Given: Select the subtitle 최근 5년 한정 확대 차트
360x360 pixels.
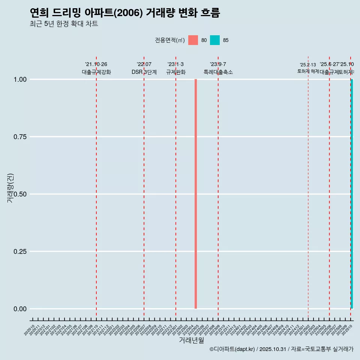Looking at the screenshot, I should (x=64, y=24).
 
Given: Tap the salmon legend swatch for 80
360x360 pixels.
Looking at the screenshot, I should (x=193, y=40).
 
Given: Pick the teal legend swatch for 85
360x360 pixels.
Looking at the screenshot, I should (x=215, y=40).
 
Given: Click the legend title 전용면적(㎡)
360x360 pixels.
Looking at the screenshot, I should (x=169, y=40).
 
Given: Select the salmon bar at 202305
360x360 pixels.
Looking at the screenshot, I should (x=196, y=194).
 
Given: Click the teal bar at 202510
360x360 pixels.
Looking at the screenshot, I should (x=352, y=194).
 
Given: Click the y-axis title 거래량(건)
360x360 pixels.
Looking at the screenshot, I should (x=10, y=188).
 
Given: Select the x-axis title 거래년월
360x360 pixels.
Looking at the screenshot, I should (x=191, y=340).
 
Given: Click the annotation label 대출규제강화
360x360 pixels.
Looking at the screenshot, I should (x=96, y=72).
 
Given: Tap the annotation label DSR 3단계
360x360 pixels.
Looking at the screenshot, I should (x=144, y=72).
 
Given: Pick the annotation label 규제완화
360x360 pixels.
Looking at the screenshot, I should (x=176, y=72).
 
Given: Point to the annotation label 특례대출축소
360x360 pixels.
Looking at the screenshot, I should (x=218, y=72).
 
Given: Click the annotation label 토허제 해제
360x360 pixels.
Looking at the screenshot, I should (x=308, y=71).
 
